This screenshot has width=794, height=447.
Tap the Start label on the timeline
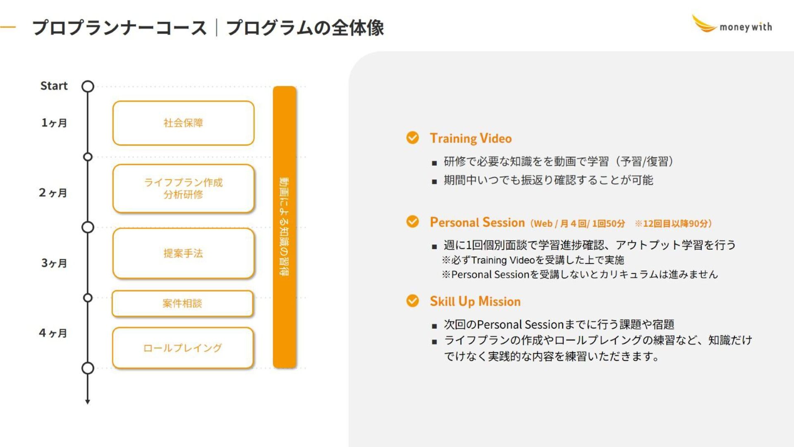(x=54, y=86)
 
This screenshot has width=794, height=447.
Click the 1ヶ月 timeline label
(x=54, y=123)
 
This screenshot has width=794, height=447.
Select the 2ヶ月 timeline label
(x=53, y=193)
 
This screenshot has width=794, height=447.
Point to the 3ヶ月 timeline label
(x=54, y=263)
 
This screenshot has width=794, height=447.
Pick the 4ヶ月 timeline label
(x=53, y=333)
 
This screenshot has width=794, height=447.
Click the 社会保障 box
(x=183, y=123)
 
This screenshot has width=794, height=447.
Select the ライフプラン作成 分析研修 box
(x=183, y=188)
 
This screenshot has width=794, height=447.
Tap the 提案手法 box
(x=183, y=253)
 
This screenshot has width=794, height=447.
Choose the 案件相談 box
(x=182, y=303)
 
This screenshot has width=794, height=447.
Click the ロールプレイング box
(x=182, y=348)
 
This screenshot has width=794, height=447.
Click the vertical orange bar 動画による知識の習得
(x=285, y=227)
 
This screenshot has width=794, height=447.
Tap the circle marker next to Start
(x=88, y=86)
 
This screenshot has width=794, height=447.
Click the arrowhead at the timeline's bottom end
(x=88, y=401)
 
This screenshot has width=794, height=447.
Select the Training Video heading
(x=471, y=138)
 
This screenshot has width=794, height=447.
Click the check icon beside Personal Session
(x=412, y=221)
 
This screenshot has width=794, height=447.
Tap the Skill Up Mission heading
(x=475, y=301)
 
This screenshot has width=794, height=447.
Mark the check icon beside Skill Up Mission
(x=412, y=300)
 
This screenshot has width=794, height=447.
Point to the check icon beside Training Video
(x=412, y=137)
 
